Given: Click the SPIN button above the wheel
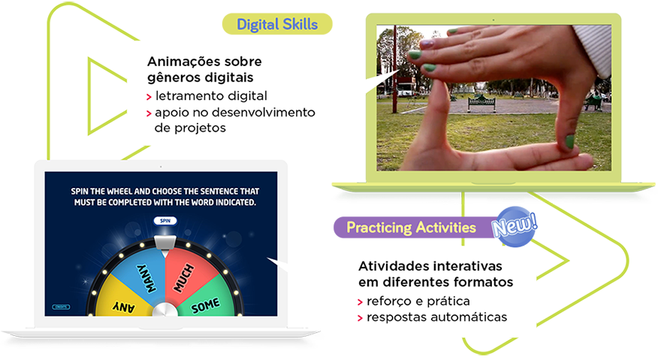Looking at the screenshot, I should (163, 221).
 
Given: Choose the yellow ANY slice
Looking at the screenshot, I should (122, 303).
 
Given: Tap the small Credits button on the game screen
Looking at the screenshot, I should (60, 307).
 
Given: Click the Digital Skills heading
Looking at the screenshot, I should (277, 24).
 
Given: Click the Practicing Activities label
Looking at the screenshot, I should (411, 227).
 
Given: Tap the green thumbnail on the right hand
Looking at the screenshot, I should (569, 141).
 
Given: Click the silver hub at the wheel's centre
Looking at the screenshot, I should (163, 311).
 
